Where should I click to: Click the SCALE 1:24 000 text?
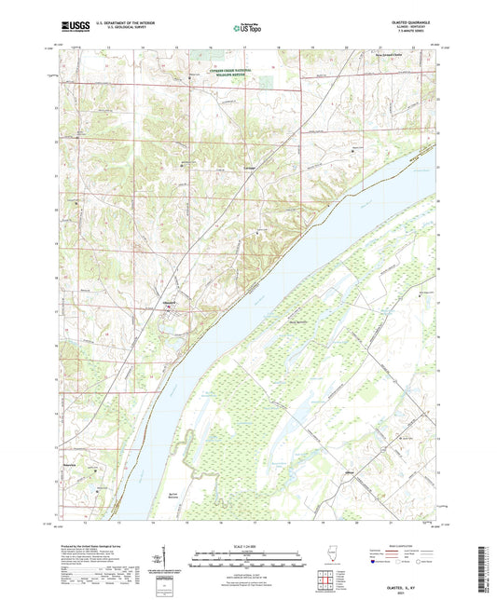click(x=246, y=546)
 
